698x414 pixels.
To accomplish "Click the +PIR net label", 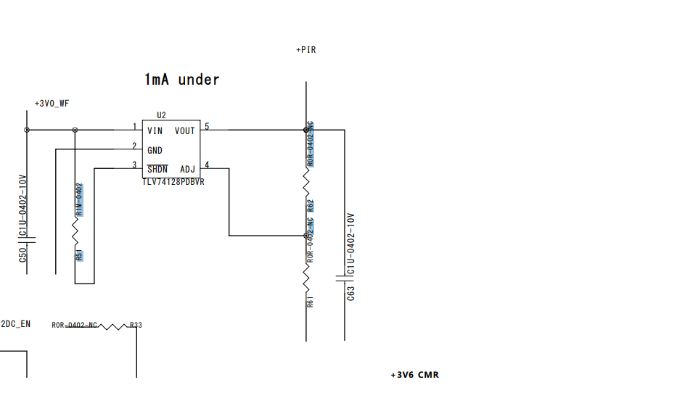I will point(305,50).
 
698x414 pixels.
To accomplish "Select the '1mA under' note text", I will point(181,80).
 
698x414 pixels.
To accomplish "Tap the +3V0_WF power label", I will point(52,104).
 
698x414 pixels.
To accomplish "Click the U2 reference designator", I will point(161,115).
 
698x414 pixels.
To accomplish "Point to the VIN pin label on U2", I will point(155,131).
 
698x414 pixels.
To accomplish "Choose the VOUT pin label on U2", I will point(185,131).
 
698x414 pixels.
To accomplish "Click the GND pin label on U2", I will point(155,151).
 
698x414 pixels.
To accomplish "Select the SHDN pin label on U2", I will point(157,170).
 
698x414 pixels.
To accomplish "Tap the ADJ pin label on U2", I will point(187,170).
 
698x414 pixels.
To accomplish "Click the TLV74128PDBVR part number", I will point(173,182).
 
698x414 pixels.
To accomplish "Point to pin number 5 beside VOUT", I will point(207,127).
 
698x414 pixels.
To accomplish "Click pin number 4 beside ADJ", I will point(207,165).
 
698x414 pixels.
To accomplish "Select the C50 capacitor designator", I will point(22,254).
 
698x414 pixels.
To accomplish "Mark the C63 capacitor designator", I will point(351,293).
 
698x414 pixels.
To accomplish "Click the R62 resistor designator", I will point(311,205).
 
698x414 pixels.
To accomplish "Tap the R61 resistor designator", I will point(311,301).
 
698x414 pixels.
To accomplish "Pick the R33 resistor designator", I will point(136,325).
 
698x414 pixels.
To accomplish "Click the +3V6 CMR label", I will point(414,375).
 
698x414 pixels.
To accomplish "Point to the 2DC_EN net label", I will point(15,324).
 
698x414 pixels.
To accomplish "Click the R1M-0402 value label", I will point(80,199).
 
